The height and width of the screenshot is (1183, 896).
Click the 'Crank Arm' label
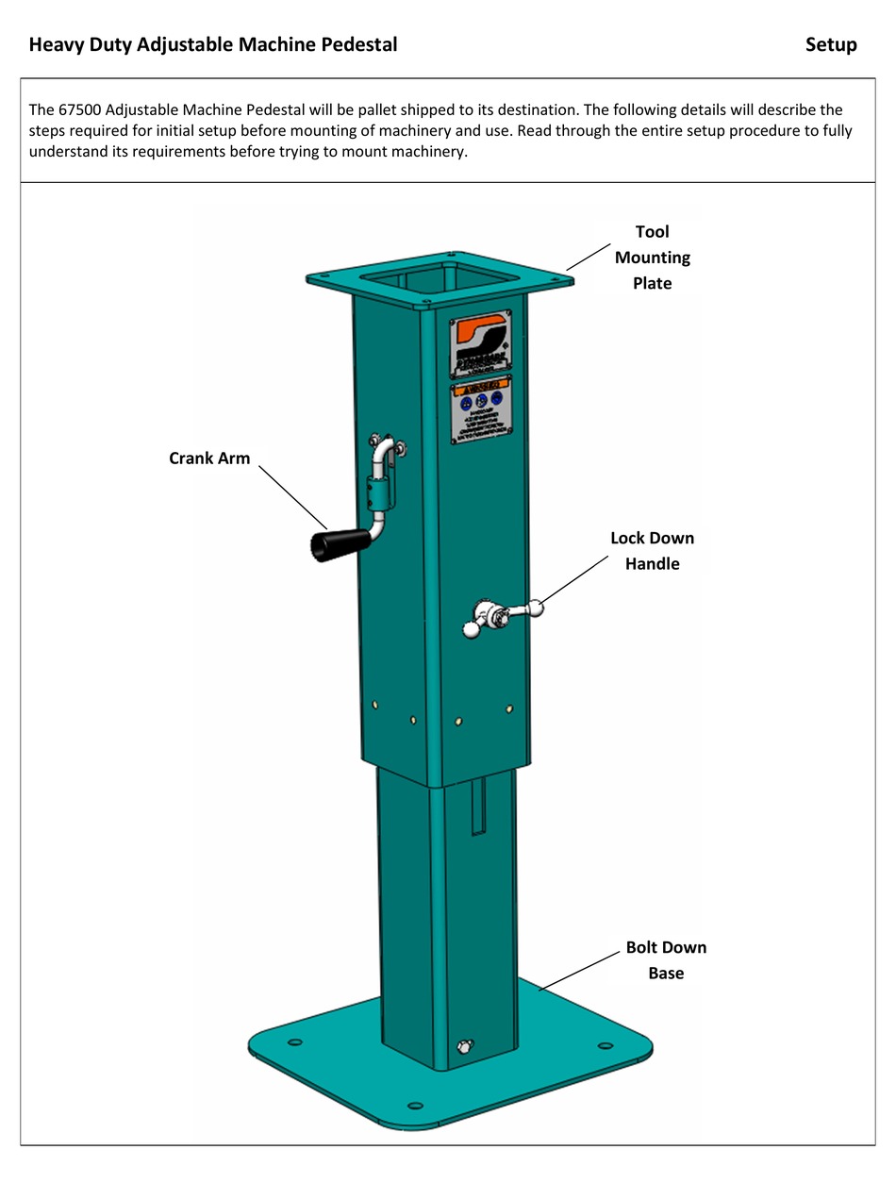click(x=209, y=458)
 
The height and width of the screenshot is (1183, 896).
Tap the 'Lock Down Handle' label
click(x=652, y=551)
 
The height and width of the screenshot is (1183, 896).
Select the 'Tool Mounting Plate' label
click(x=652, y=257)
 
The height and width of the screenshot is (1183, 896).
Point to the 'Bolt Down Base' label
click(x=666, y=959)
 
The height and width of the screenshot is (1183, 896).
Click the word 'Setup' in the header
click(x=831, y=44)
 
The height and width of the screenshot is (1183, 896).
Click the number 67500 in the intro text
click(x=79, y=109)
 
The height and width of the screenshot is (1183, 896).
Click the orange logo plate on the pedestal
click(x=480, y=343)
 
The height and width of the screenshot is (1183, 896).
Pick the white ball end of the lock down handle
click(x=536, y=608)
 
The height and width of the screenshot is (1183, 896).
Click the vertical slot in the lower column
click(x=478, y=806)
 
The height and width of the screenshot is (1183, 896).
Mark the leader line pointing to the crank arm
click(x=291, y=496)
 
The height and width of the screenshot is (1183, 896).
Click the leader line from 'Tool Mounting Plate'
click(x=589, y=256)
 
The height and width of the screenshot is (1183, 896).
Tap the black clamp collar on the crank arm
click(x=378, y=493)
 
